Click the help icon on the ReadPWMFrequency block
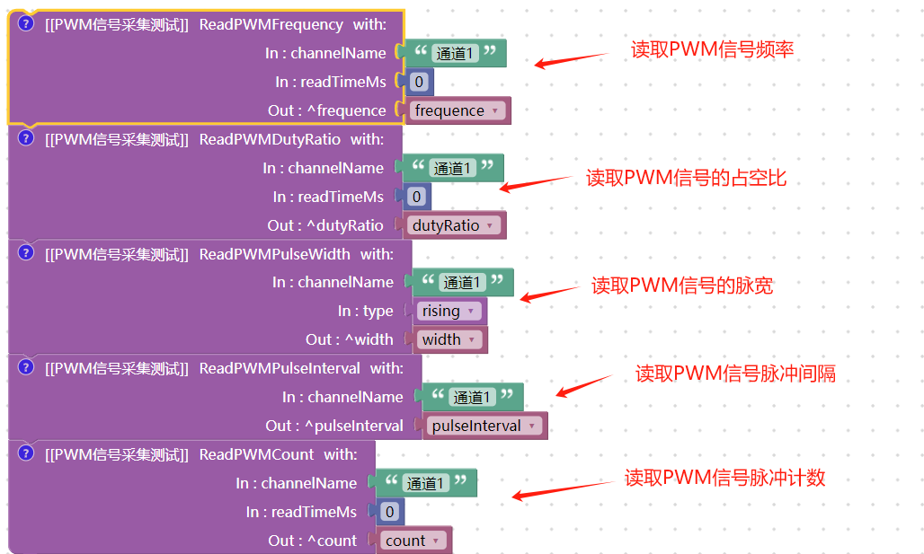(26, 24)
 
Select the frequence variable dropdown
(458, 111)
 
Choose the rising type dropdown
(448, 311)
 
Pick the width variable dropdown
(448, 339)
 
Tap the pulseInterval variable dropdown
(484, 426)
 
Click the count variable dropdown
(413, 541)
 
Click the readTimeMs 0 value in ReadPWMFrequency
(418, 83)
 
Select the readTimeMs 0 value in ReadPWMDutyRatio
(415, 197)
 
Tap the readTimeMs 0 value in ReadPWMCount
(388, 512)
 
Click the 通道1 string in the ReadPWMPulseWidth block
(463, 283)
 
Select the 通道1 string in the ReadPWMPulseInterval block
(472, 397)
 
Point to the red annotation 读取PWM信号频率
(712, 49)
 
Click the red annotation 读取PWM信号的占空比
(686, 178)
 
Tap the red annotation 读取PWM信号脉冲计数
(724, 479)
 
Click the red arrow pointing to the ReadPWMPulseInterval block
(583, 384)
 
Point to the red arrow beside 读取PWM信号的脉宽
(550, 293)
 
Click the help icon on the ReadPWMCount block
(26, 453)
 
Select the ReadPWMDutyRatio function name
(270, 139)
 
